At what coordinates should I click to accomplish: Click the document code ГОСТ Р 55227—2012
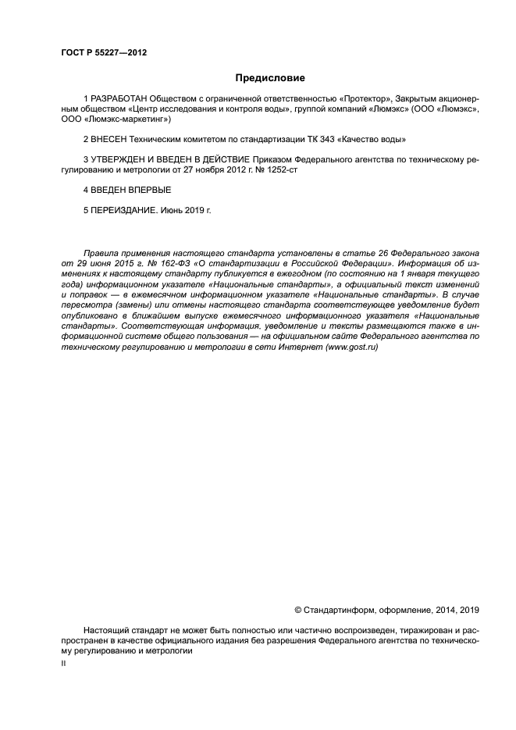tap(104, 52)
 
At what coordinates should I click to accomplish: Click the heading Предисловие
tap(271, 78)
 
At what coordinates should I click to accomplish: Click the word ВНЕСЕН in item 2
tap(109, 140)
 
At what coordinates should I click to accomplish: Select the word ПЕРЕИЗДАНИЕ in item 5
tap(126, 210)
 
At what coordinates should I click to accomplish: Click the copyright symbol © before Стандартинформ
tap(297, 609)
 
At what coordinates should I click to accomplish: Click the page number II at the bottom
tap(63, 662)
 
